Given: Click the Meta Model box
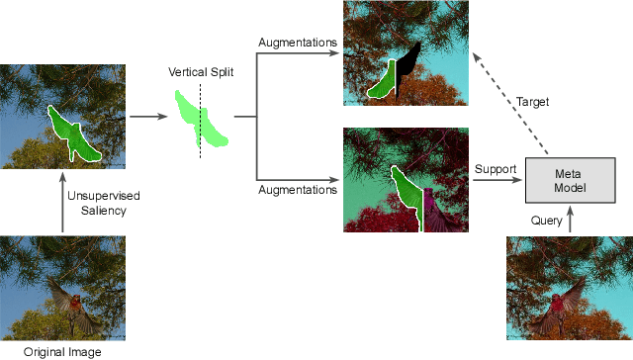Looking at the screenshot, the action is click(x=569, y=181).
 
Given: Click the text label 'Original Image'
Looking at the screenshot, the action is click(x=62, y=351).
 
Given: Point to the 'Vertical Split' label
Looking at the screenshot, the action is click(x=201, y=72).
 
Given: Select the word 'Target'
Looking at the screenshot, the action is click(x=533, y=102).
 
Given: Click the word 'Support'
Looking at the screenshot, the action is click(x=496, y=169).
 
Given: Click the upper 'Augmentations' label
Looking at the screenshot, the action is click(x=298, y=43).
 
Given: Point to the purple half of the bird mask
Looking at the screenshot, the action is click(x=431, y=204).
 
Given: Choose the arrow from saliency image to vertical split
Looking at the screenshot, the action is click(x=147, y=117).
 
